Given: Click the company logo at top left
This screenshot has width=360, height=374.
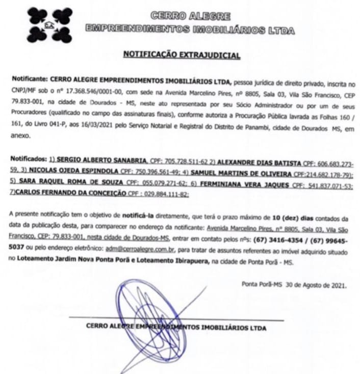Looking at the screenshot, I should (49, 23).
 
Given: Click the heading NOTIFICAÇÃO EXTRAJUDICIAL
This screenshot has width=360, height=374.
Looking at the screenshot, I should (181, 56).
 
